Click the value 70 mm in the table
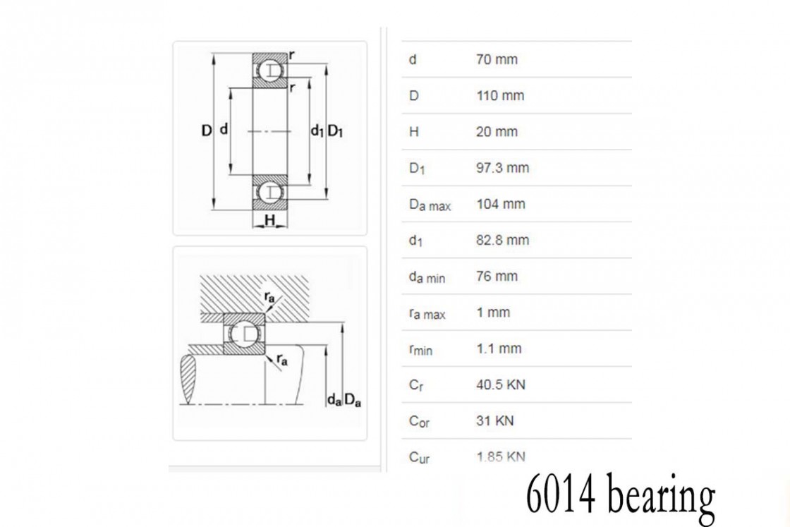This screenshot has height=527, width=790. (497, 59)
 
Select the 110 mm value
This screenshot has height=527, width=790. (500, 96)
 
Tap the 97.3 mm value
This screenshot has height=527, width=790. (502, 168)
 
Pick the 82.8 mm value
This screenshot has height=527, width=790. (502, 240)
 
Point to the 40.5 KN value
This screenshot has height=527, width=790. (501, 384)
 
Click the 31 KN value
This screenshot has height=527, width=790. (494, 420)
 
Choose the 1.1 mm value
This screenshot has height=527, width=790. (499, 348)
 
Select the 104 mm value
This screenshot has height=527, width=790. (501, 204)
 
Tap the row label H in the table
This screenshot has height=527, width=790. (413, 132)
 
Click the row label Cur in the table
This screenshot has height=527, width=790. (419, 457)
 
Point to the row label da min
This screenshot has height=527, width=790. (427, 277)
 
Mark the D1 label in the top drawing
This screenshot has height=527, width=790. (335, 131)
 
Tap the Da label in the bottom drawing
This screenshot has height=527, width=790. (353, 400)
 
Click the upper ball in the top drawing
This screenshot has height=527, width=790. (270, 70)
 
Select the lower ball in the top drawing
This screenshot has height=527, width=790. (270, 192)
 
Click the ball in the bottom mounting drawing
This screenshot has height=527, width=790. (244, 334)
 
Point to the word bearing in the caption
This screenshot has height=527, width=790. (660, 496)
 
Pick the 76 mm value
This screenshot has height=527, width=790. (497, 276)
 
